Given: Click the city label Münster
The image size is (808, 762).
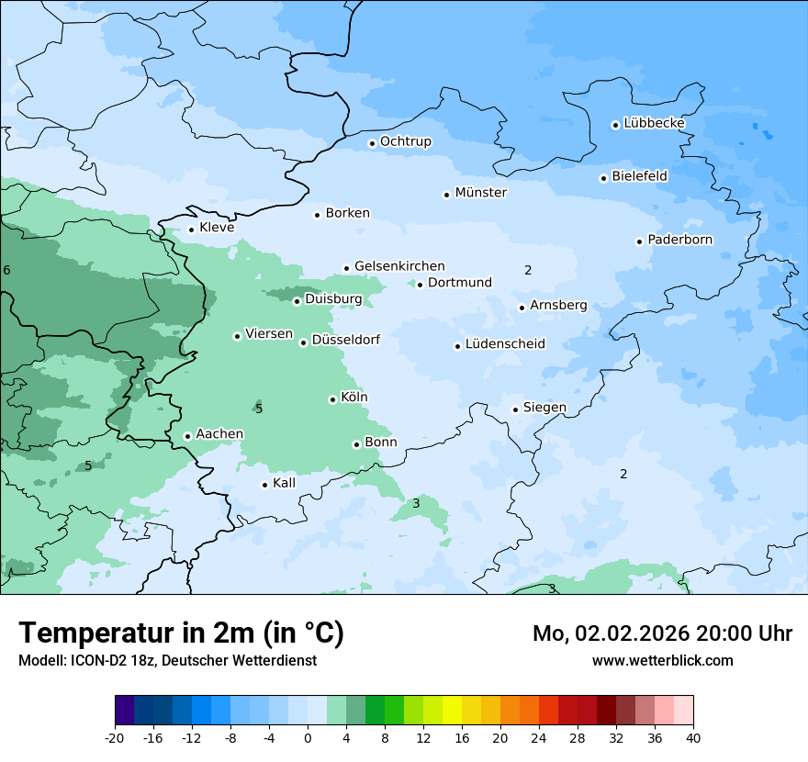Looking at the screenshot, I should click(480, 193).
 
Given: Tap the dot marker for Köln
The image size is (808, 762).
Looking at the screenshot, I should click(332, 399).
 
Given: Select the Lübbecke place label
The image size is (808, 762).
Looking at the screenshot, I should click(654, 123).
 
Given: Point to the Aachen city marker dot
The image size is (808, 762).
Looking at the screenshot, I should click(187, 436).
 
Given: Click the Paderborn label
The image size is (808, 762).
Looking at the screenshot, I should click(679, 240).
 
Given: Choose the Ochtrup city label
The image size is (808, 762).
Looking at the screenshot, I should click(405, 141).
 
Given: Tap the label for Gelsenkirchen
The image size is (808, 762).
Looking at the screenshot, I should click(399, 266).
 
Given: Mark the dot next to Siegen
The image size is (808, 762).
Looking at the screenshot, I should click(516, 409).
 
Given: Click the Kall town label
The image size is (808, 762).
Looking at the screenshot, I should click(285, 483).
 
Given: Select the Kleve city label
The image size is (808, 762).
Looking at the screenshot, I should click(217, 228).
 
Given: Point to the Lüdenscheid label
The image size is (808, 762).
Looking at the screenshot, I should click(505, 344).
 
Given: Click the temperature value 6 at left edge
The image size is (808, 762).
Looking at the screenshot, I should click(6, 270).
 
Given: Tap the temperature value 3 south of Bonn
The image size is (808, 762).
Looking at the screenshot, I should click(416, 503).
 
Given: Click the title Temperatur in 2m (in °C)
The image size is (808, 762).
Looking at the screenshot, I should click(181, 633).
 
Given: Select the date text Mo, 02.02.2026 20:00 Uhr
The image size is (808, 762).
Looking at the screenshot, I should click(662, 633).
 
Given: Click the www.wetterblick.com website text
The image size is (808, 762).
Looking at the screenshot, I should click(662, 660).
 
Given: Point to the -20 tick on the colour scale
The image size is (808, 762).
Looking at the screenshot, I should click(115, 738).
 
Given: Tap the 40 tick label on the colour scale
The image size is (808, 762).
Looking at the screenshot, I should click(693, 738).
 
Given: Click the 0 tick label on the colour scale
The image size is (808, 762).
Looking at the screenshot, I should click(308, 738).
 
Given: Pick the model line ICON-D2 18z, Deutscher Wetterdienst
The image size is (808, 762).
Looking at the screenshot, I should click(167, 661).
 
